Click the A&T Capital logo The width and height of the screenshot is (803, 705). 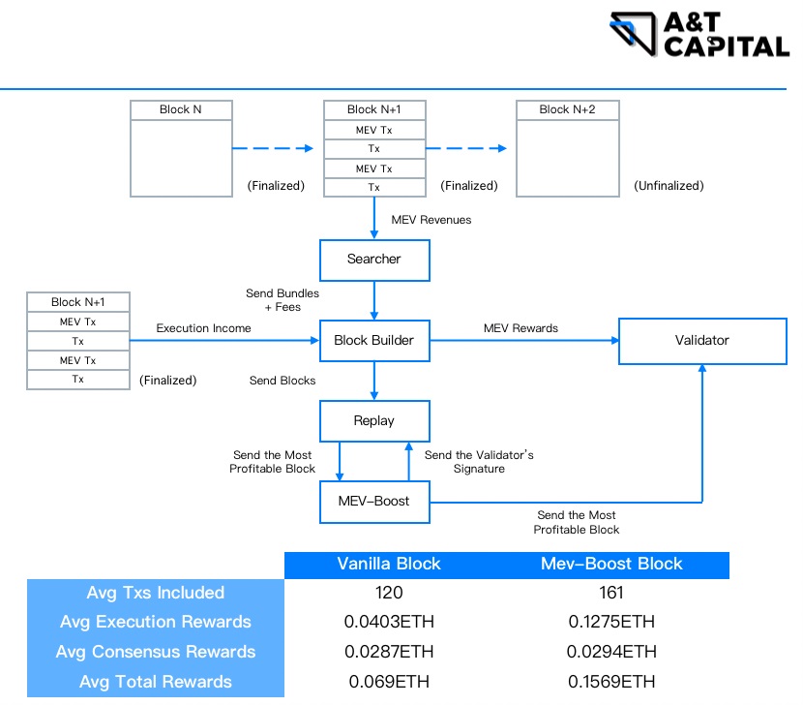[x=699, y=35]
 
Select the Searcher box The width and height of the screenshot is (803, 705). [x=373, y=259]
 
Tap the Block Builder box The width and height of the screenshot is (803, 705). [x=373, y=340]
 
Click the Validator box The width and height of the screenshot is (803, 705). [x=701, y=340]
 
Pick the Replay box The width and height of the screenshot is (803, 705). [x=373, y=421]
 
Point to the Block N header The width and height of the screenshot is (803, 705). [x=181, y=109]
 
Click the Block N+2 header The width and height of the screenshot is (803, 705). [x=567, y=109]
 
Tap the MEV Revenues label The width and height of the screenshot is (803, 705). [x=431, y=220]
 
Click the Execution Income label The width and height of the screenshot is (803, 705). [x=203, y=328]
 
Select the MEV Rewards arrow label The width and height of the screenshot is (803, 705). [x=520, y=328]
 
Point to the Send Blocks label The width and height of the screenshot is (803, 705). [x=282, y=381]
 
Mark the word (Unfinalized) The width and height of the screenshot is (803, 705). [x=669, y=186]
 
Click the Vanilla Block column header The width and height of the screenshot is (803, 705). [x=389, y=564]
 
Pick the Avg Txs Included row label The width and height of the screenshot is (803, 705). [x=156, y=593]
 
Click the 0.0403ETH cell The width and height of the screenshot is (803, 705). [x=389, y=622]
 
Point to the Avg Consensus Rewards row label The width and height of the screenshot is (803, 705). [x=156, y=652]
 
